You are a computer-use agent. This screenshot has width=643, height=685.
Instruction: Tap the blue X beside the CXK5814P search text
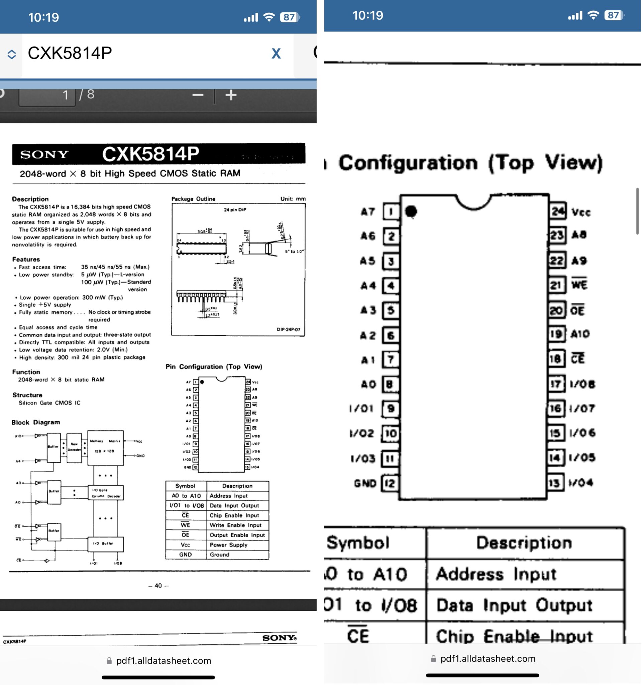click(276, 54)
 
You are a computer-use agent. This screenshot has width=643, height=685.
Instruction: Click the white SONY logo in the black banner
click(44, 155)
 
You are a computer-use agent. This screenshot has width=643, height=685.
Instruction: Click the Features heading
click(26, 259)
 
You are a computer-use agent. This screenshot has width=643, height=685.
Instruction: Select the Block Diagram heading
click(35, 422)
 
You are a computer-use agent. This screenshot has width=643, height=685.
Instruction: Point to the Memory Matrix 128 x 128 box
click(105, 447)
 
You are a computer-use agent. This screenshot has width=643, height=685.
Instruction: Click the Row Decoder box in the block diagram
click(74, 447)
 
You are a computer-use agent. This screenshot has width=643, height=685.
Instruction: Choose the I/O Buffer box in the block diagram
click(105, 544)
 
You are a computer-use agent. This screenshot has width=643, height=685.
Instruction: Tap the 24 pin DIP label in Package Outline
click(235, 209)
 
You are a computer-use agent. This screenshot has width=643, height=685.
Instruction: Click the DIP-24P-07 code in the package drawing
click(288, 329)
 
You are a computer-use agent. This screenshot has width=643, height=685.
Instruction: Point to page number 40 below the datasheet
click(158, 585)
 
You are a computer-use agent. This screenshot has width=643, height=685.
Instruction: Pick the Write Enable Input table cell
click(236, 525)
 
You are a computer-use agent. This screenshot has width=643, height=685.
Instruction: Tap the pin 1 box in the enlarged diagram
click(391, 212)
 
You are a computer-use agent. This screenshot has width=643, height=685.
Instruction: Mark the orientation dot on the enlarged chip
click(411, 211)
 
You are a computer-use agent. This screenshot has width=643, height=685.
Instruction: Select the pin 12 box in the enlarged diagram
click(390, 483)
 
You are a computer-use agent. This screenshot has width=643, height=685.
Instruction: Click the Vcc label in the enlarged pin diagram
click(581, 212)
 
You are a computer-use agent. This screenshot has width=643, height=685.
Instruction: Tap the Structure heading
click(27, 395)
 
